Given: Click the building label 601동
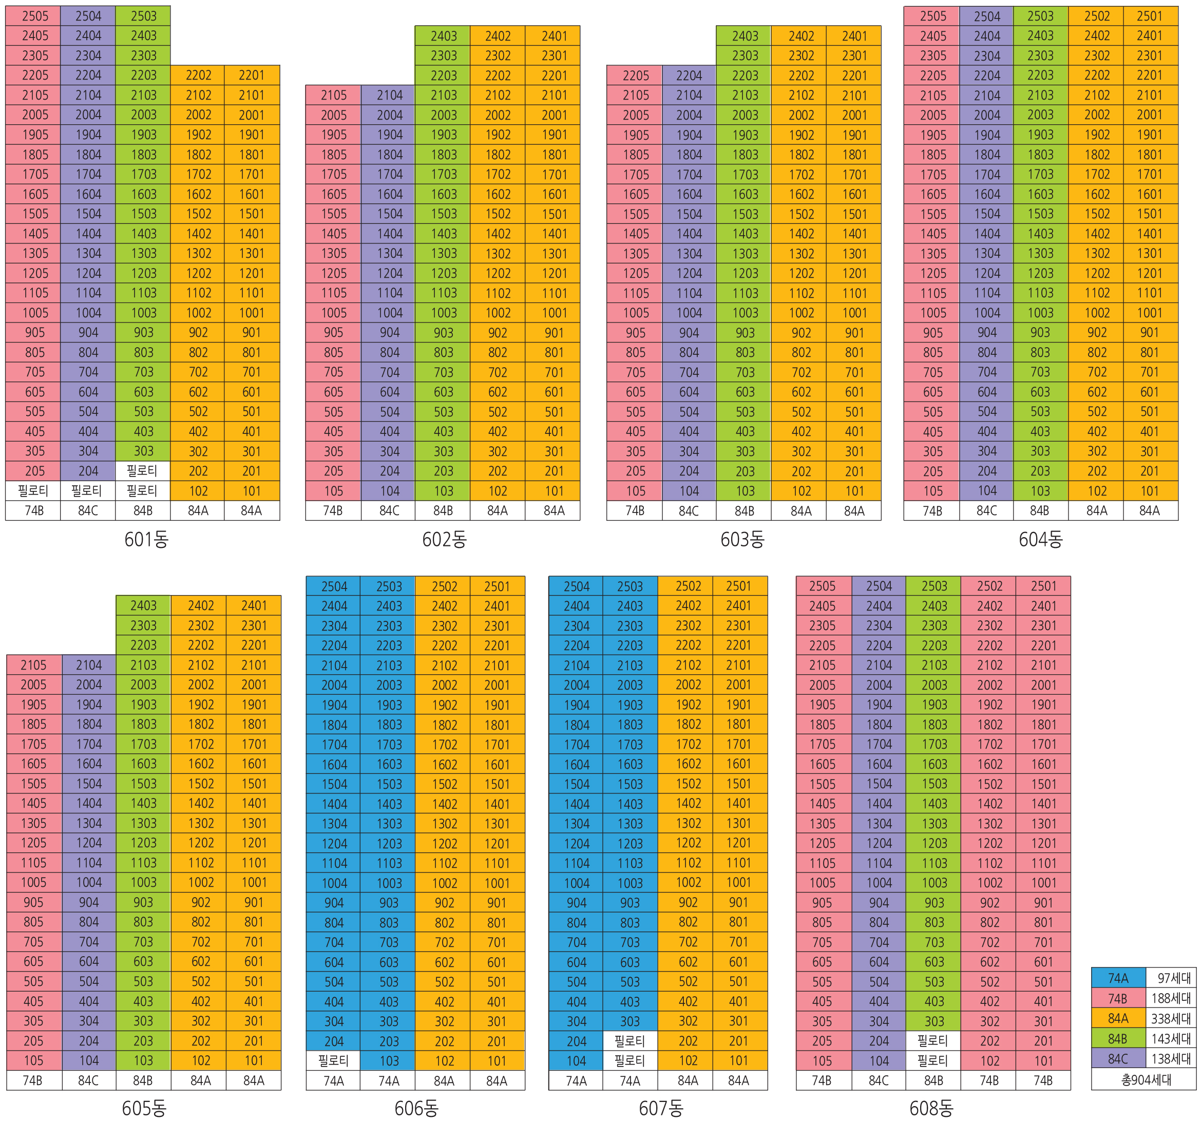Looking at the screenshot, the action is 146,539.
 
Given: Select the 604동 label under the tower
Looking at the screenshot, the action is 1041,539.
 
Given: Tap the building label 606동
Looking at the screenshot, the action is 416,1108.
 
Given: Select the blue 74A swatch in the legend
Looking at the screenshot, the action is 1118,978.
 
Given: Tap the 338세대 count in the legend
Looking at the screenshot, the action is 1171,1018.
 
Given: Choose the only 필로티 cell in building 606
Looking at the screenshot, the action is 333,1060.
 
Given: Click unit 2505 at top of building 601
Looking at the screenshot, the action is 34,16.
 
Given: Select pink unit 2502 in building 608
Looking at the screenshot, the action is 989,586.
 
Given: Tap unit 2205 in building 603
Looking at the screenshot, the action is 636,75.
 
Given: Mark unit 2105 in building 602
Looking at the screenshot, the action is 334,95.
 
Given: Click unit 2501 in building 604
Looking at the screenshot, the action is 1150,16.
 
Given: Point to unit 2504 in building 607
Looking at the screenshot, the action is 576,586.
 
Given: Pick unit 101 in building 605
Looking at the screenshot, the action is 254,1060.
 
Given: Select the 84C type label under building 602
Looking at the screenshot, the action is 389,511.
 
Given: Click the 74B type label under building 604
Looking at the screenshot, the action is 932,511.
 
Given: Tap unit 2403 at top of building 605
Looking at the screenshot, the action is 143,605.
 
